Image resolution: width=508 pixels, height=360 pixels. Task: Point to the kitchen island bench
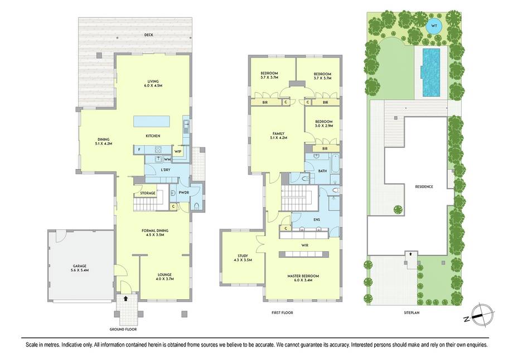(x=152, y=121)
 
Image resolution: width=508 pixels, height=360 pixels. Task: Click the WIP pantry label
(x=177, y=151)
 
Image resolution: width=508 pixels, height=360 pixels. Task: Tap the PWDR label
(x=183, y=193)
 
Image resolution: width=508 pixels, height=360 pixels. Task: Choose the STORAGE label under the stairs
(x=148, y=193)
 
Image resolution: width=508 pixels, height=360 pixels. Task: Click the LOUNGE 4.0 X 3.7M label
(x=165, y=276)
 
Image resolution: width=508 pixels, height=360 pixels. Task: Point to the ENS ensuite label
(x=317, y=219)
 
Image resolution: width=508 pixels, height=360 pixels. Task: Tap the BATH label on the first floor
(x=322, y=171)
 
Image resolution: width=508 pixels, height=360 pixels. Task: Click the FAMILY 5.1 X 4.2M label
(x=278, y=136)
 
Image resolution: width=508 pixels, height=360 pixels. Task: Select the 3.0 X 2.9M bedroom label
(x=323, y=126)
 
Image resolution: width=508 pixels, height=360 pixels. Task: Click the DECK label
(x=149, y=35)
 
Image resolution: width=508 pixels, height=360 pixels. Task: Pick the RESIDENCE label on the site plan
(x=424, y=187)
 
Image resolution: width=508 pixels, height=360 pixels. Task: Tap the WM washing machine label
(x=167, y=159)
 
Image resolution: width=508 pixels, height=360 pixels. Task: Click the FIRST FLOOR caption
(x=282, y=313)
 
